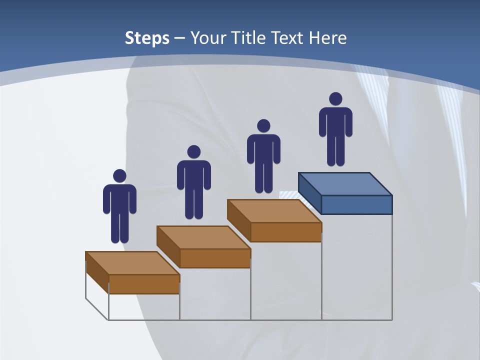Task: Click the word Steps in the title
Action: point(147,38)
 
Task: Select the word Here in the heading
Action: point(328,38)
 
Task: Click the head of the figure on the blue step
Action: point(335,99)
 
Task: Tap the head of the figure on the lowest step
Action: point(119,176)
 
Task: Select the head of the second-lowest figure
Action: point(193,152)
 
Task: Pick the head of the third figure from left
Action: point(263,126)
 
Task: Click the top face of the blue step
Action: point(345,183)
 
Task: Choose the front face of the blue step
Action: point(356,204)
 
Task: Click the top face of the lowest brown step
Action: point(132,263)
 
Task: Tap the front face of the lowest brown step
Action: point(144,284)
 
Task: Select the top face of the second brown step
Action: point(203,237)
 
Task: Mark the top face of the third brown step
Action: point(274,211)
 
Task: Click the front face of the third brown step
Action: point(286,232)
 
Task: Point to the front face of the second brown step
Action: point(215,258)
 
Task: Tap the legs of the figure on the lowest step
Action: point(119,227)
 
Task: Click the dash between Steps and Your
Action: point(180,38)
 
